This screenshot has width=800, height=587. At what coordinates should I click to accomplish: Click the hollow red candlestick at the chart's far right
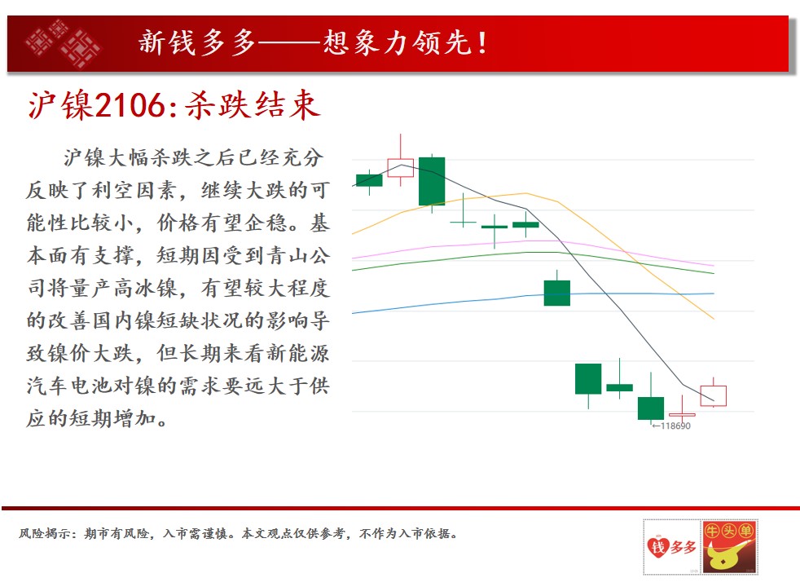click(714, 395)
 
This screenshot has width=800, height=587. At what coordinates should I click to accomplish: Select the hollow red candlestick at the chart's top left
click(401, 167)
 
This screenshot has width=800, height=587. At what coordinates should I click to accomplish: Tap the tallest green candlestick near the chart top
click(432, 181)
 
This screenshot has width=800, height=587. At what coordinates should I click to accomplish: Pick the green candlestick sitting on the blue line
click(557, 293)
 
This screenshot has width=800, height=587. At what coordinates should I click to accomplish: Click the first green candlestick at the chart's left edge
click(369, 180)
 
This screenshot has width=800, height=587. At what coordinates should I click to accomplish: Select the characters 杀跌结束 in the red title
click(253, 106)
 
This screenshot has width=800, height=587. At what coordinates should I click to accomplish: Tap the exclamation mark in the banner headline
click(482, 43)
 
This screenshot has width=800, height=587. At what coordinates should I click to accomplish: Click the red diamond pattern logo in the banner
click(64, 43)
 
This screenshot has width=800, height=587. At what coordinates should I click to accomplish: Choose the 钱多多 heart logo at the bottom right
click(671, 547)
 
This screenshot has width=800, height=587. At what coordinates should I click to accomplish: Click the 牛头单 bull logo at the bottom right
click(729, 547)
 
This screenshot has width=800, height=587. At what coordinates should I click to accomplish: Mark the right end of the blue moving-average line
click(714, 293)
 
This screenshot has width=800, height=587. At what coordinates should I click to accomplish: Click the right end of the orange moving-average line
click(714, 319)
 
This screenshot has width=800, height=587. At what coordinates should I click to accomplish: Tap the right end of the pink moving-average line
click(714, 266)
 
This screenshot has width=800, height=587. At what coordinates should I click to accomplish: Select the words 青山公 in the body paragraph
click(299, 255)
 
